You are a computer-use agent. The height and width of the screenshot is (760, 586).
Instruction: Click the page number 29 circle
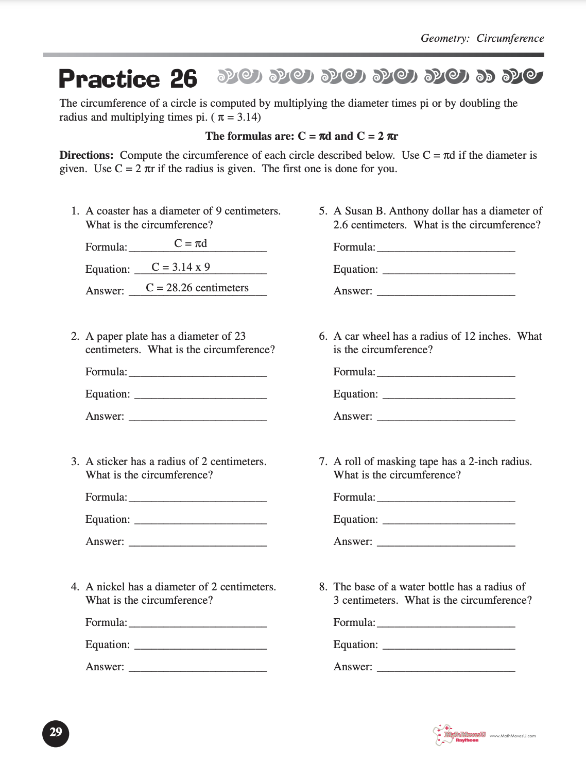point(56,733)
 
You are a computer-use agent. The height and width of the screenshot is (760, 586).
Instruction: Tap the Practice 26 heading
point(128,79)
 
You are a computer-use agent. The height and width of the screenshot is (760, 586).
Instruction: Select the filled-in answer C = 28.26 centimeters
point(197,288)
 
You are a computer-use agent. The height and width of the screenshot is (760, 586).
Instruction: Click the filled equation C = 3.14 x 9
point(181,267)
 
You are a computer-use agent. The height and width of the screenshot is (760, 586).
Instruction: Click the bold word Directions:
point(86,155)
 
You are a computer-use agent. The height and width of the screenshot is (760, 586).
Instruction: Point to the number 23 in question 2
point(240,336)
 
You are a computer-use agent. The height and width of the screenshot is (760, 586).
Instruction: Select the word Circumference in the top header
point(510,38)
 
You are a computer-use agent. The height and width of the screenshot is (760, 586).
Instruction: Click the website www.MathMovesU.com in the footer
point(512,736)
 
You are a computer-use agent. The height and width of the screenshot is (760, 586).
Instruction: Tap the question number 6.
point(323,336)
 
